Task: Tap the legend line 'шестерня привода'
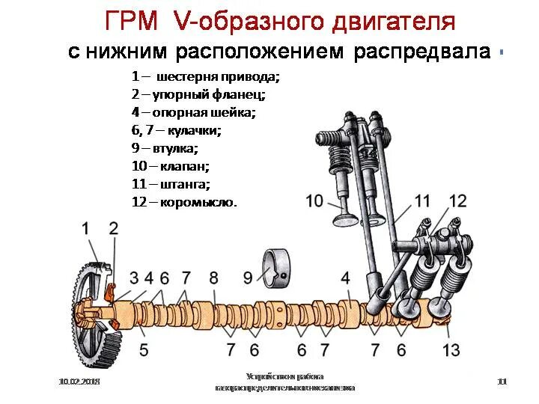pyautogui.click(x=205, y=76)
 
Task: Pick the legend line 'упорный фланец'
pyautogui.click(x=198, y=94)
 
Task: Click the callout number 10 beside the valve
pyautogui.click(x=314, y=201)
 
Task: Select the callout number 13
pyautogui.click(x=451, y=349)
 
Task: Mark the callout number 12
pyautogui.click(x=457, y=201)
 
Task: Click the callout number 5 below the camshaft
pyautogui.click(x=143, y=349)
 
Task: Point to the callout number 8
pyautogui.click(x=213, y=278)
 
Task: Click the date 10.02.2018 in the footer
pyautogui.click(x=79, y=382)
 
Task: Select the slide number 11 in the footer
pyautogui.click(x=502, y=382)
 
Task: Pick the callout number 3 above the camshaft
pyautogui.click(x=133, y=278)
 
